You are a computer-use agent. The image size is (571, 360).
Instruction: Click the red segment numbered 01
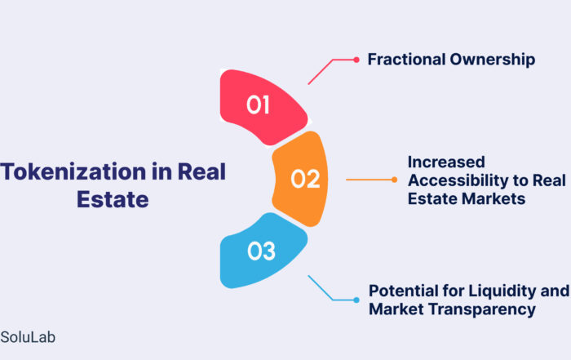tap(263, 107)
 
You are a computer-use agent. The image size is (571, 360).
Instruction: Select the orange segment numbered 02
tap(300, 179)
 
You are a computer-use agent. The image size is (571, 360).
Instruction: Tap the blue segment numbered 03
tap(263, 251)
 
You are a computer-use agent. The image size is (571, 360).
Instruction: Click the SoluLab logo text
tap(28, 337)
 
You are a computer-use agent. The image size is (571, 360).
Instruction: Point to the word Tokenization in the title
tap(73, 171)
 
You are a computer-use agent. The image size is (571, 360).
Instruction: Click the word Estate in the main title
tap(113, 199)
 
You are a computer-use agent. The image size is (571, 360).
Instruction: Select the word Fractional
tap(407, 59)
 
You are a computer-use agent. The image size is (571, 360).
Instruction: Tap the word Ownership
tap(493, 60)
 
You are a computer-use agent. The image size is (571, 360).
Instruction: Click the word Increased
tap(446, 162)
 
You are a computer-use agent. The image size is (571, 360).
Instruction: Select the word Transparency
tap(482, 309)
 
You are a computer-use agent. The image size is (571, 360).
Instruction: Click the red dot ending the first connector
tap(356, 60)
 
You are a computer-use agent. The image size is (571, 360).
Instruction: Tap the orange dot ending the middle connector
tap(394, 180)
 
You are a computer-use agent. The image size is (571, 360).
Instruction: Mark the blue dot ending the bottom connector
tap(356, 300)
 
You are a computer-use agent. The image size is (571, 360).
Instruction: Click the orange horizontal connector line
tap(369, 180)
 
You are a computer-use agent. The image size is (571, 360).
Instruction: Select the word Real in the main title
tap(201, 171)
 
